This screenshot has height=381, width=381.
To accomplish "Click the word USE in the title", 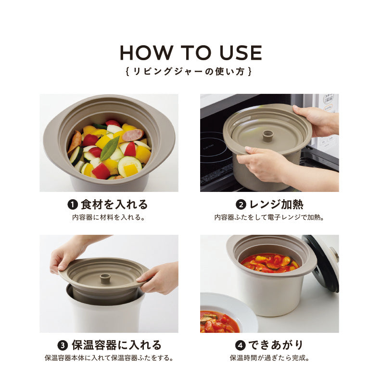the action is [241, 52].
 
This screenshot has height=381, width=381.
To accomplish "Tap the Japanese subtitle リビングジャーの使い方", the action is [189, 71].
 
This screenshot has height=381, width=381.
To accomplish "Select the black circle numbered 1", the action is [73, 204].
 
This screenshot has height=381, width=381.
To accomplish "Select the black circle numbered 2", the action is [241, 204].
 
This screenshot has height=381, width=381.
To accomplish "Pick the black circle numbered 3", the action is [63, 345].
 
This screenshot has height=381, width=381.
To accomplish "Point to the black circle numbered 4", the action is [241, 345].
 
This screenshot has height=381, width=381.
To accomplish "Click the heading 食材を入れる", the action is [114, 204].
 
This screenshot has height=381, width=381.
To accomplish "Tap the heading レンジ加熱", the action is [277, 204].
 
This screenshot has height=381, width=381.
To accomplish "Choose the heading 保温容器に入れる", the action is [116, 345].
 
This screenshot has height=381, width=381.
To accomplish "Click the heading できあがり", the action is [276, 345].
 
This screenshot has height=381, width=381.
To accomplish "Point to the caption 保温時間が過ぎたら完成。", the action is [270, 358].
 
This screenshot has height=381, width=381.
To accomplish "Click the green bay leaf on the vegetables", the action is [110, 148].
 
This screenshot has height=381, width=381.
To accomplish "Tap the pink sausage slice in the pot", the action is [133, 135].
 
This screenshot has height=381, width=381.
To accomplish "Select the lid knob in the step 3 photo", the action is [105, 279].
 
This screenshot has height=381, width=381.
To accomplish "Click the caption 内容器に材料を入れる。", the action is [109, 217].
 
